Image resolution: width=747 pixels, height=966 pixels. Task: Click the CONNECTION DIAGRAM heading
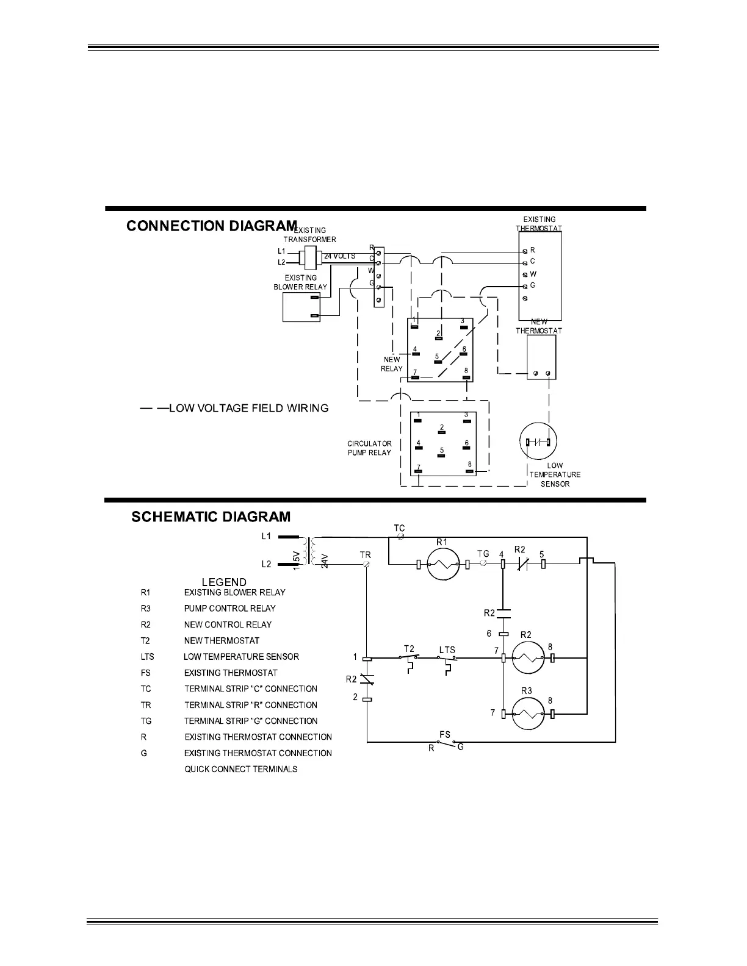[x=211, y=226]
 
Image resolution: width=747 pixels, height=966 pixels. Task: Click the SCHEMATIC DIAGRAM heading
[x=211, y=517]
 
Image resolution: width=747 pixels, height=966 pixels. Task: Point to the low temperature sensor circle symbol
[x=538, y=442]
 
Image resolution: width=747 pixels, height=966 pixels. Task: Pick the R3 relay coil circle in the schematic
[x=527, y=714]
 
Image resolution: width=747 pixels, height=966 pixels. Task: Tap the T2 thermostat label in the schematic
[x=410, y=649]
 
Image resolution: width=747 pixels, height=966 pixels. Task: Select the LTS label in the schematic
[x=447, y=650]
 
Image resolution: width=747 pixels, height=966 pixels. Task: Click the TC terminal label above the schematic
[x=399, y=528]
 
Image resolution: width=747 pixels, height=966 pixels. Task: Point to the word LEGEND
[x=224, y=582]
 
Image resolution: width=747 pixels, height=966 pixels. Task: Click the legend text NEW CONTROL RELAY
[x=228, y=624]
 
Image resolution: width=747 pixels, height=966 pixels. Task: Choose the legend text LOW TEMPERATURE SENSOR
[x=241, y=657]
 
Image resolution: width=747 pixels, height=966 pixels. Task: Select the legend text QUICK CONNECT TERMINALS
[x=241, y=769]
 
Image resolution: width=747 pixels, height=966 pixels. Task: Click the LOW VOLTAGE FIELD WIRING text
[x=248, y=408]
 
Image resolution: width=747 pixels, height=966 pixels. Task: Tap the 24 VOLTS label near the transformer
[x=339, y=256]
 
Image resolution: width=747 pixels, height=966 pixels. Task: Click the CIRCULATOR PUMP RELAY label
[x=369, y=448]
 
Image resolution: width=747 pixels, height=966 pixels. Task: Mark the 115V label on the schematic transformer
[x=296, y=560]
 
